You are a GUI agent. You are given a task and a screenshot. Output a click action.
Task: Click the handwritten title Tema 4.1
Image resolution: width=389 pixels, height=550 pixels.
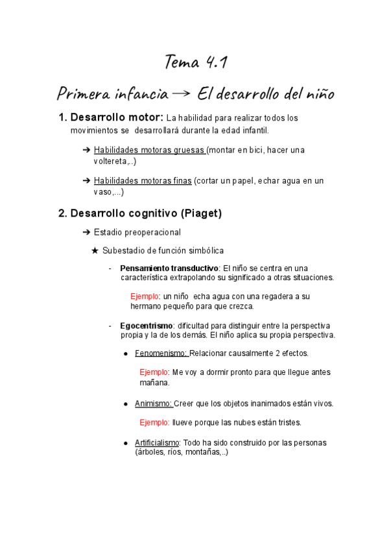click(x=194, y=63)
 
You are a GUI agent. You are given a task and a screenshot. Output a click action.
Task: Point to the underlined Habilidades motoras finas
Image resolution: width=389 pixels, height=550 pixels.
click(x=143, y=181)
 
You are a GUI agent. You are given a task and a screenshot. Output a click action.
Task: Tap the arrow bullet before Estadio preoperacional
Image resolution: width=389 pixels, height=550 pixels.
click(x=87, y=232)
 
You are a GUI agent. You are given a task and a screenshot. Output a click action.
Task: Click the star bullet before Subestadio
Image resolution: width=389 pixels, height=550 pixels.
click(x=95, y=250)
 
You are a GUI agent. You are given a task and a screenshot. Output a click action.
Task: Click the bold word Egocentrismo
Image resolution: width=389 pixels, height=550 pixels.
click(x=146, y=325)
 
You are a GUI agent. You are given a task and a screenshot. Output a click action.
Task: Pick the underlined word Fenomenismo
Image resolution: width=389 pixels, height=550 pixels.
click(x=161, y=353)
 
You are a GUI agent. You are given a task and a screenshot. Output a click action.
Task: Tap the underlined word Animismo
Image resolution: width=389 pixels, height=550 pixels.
click(x=153, y=403)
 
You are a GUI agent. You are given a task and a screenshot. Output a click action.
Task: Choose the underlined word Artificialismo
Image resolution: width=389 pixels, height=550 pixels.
click(x=157, y=443)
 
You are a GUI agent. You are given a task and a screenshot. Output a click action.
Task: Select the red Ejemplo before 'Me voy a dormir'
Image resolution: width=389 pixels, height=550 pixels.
click(x=154, y=372)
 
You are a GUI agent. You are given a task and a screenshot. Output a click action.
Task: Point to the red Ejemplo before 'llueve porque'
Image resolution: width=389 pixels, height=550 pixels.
click(x=154, y=422)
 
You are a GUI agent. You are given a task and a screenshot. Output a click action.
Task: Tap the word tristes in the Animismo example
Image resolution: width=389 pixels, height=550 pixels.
click(x=288, y=422)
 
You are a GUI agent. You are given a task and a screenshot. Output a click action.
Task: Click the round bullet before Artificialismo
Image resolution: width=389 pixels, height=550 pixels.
click(x=126, y=443)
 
